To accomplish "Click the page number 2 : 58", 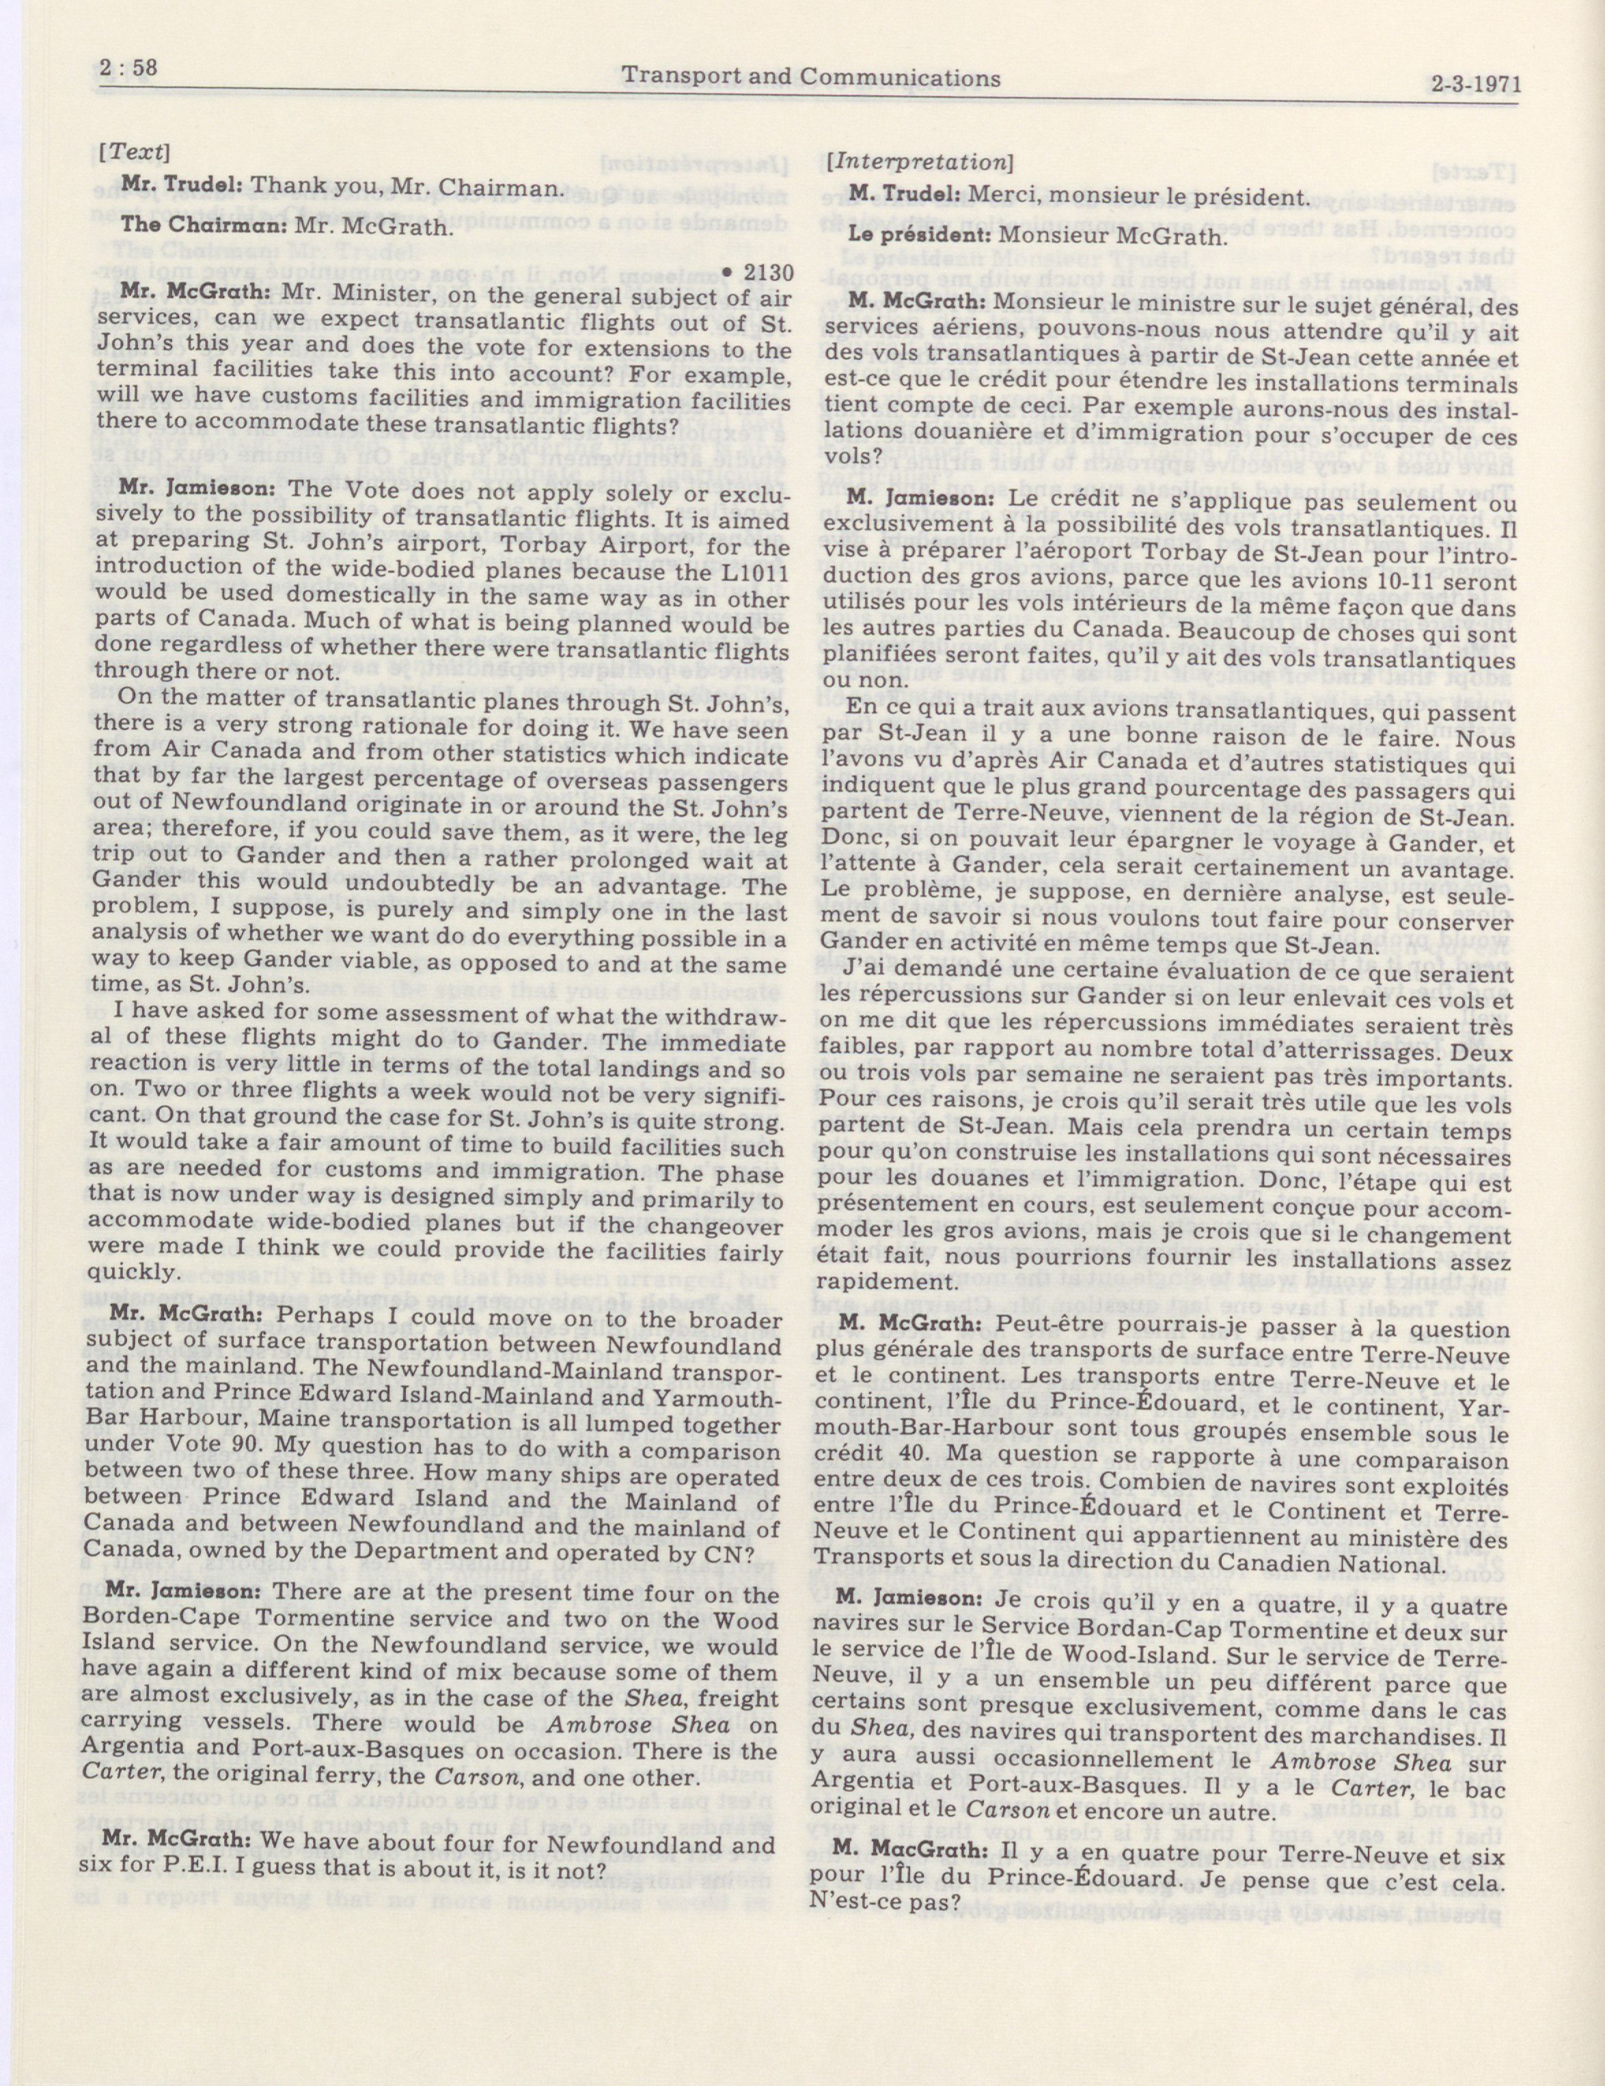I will [128, 69].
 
